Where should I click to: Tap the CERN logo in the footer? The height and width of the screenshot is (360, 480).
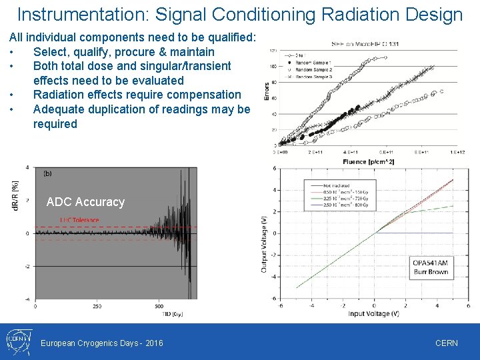[17, 341]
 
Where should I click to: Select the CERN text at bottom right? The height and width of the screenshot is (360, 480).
[446, 343]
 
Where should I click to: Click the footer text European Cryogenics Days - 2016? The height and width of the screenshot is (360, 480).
[101, 343]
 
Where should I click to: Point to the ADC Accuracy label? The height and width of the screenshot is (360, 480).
[85, 202]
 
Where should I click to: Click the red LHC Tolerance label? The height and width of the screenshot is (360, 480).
[79, 220]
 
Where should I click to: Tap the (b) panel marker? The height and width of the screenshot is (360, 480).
[47, 173]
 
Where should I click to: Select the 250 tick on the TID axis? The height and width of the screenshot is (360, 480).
[97, 306]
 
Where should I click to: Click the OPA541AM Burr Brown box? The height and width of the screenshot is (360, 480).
[430, 267]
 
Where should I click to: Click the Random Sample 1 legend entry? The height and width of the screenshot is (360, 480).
[313, 62]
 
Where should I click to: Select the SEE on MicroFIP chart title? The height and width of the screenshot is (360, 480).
[365, 45]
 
